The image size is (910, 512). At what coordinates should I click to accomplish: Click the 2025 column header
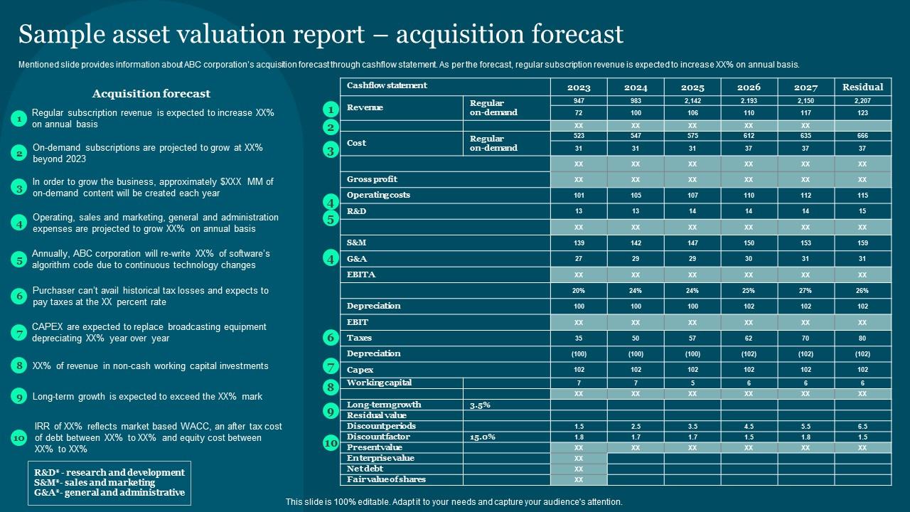(692, 87)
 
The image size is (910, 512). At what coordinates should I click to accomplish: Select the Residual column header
(862, 87)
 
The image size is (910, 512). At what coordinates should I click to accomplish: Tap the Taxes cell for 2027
(805, 338)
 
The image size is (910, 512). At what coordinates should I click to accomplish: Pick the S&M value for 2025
(692, 243)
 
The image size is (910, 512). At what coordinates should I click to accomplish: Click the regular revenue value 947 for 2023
(579, 101)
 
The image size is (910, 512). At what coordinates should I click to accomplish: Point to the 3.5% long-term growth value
(480, 405)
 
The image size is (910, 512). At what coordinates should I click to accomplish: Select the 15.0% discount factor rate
(483, 437)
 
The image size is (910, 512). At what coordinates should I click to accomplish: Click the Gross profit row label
(372, 179)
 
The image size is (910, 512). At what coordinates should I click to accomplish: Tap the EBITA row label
(361, 274)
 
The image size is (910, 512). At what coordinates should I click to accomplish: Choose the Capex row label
(360, 370)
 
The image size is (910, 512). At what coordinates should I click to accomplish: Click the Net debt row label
(365, 469)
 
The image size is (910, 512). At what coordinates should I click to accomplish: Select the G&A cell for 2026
(749, 260)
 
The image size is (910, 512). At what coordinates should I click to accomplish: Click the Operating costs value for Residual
(862, 196)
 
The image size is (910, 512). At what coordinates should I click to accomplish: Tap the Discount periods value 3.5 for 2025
(692, 427)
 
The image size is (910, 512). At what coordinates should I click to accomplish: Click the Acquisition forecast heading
(151, 94)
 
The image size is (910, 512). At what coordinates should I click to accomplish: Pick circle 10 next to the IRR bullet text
(19, 438)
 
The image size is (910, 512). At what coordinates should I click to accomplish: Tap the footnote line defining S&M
(95, 483)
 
